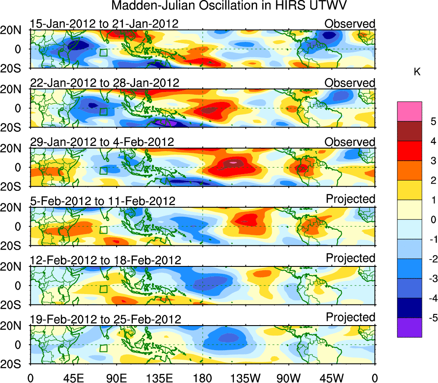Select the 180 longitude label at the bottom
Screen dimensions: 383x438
click(x=202, y=378)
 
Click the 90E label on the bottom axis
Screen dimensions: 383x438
click(x=116, y=378)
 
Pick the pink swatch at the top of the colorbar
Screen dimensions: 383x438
click(x=409, y=111)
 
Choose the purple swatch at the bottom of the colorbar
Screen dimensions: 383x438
click(x=409, y=327)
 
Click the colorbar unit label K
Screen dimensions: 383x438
click(x=417, y=72)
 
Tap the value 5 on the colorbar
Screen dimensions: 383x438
click(x=433, y=122)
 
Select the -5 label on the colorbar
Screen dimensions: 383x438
click(x=432, y=318)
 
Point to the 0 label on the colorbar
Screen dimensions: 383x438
click(x=433, y=220)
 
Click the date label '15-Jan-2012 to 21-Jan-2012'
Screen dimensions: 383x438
click(x=104, y=23)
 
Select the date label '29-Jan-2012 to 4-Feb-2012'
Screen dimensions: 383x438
click(x=102, y=142)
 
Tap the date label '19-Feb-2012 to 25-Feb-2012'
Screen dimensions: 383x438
click(x=105, y=319)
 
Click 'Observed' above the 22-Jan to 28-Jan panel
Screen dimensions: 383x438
click(x=350, y=82)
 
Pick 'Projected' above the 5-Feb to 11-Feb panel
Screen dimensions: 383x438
click(x=350, y=199)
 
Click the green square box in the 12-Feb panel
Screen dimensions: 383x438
click(x=103, y=289)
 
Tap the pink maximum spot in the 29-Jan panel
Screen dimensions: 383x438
click(x=233, y=162)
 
